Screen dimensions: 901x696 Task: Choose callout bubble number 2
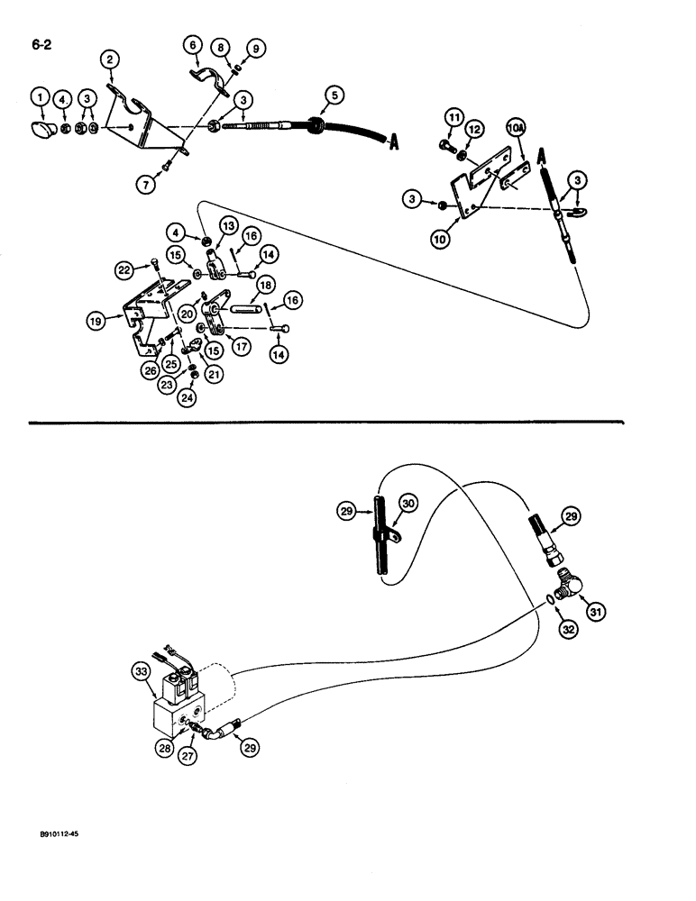(110, 60)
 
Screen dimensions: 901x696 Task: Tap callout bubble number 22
(123, 268)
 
